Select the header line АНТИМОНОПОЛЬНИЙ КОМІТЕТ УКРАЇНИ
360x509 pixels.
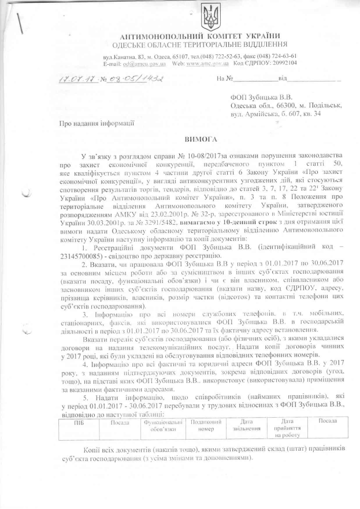coord(203,37)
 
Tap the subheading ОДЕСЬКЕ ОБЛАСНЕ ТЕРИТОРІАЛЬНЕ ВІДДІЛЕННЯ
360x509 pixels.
coord(201,44)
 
